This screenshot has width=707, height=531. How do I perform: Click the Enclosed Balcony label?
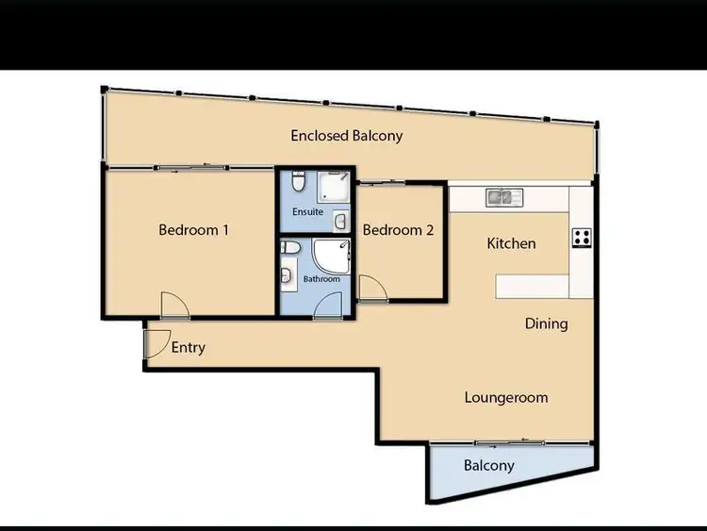(346, 136)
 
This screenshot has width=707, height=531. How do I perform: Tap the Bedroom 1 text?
(194, 229)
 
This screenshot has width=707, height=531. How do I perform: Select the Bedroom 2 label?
(398, 229)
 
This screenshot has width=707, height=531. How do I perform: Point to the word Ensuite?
(307, 212)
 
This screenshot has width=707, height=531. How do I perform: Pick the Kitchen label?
(511, 243)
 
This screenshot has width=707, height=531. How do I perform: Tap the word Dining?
(546, 324)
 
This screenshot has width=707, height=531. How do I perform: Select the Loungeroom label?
(506, 397)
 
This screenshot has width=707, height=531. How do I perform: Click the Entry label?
(189, 347)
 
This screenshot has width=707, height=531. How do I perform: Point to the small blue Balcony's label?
(489, 465)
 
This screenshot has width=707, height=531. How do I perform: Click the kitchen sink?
(505, 197)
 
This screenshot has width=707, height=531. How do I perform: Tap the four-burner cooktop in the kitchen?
(582, 238)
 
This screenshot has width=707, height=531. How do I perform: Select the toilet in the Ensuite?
(297, 180)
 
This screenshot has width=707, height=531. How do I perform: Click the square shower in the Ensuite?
(333, 188)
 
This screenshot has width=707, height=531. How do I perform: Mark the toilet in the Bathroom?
(291, 248)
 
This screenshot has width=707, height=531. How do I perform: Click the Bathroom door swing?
(328, 305)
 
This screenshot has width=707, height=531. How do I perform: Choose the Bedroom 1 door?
(173, 305)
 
